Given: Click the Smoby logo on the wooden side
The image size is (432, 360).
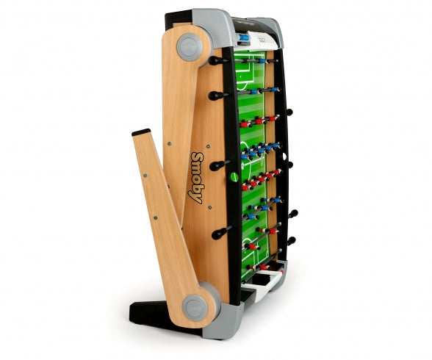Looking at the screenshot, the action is (196, 179).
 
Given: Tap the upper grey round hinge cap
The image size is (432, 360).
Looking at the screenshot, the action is (190, 47).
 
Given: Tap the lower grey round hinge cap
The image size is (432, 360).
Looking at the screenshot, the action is (195, 307).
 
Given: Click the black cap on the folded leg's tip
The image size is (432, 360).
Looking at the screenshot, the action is (141, 132).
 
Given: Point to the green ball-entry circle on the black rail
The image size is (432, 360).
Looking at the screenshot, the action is (234, 177).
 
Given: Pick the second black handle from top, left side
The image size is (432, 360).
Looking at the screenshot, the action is (218, 96).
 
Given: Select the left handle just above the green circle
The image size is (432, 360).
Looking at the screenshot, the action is (219, 165).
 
